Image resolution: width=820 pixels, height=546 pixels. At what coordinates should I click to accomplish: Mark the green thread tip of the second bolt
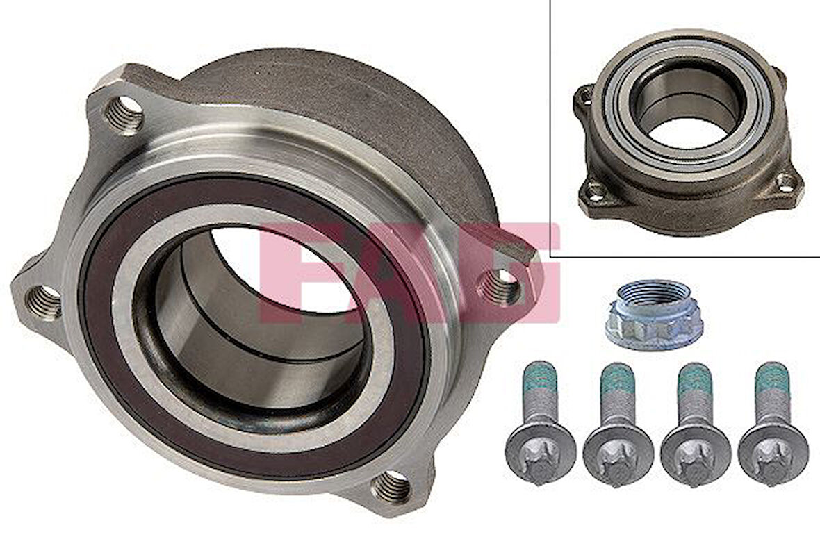616,378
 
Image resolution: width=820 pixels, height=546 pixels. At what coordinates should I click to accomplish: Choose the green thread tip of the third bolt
694,378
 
